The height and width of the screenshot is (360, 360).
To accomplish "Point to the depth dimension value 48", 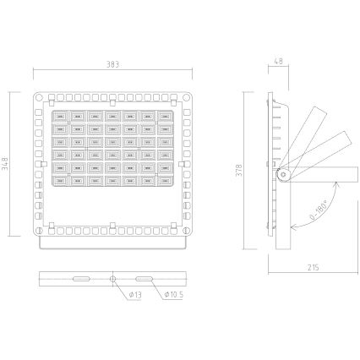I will click(279, 64).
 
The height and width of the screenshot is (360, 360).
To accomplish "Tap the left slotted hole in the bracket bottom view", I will click(81, 278).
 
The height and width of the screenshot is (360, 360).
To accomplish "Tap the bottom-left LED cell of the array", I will click(60, 179).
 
